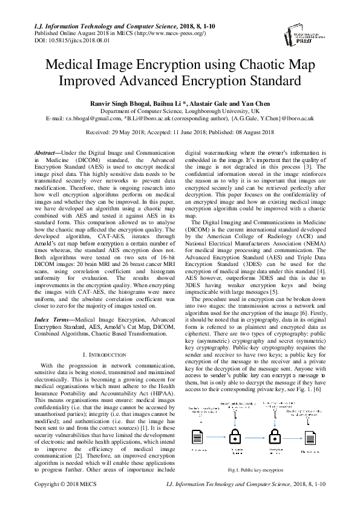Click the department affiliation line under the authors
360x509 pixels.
click(180, 112)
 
